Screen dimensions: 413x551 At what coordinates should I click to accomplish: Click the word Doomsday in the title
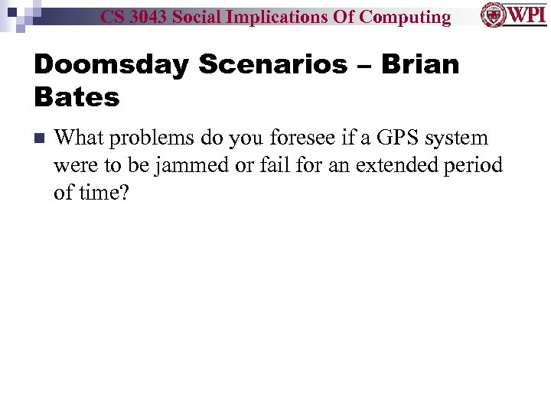(x=111, y=64)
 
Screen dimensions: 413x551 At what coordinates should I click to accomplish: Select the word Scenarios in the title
(x=272, y=64)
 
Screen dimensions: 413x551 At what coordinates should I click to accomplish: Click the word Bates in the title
(x=77, y=97)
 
